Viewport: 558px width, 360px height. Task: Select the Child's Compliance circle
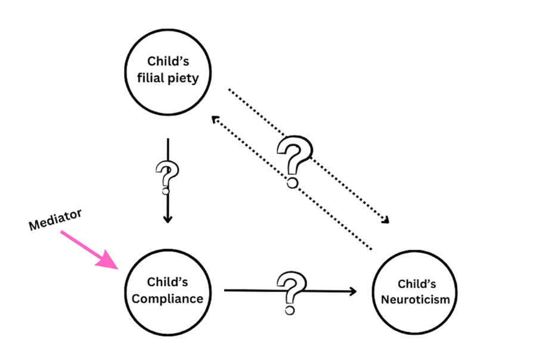(168, 290)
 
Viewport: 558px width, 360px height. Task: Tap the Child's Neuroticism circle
(416, 291)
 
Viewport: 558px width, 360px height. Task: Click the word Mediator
(55, 220)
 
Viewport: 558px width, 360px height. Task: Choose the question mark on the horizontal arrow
(289, 291)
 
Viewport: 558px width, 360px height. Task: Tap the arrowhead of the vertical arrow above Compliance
(168, 219)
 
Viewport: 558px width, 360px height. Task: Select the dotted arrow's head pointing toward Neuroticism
(385, 221)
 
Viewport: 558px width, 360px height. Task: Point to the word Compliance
(168, 298)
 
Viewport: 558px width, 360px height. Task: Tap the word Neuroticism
(416, 299)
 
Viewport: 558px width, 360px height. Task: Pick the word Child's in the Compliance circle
(168, 282)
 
